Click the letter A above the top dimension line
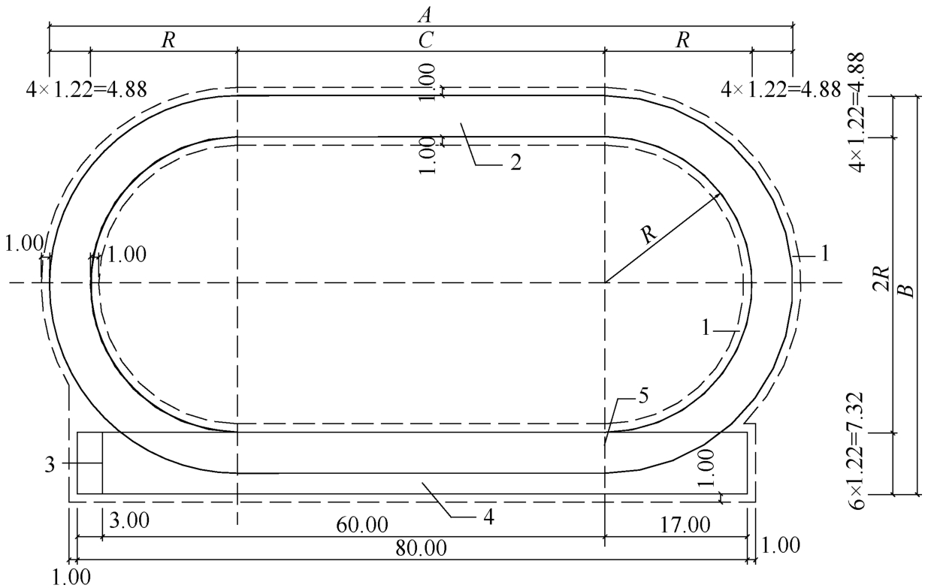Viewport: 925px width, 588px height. (x=425, y=15)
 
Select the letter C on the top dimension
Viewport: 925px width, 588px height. (x=425, y=41)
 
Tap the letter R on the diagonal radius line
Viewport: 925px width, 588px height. (x=648, y=234)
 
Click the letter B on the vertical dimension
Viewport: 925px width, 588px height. (x=907, y=291)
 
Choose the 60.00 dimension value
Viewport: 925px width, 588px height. (x=362, y=525)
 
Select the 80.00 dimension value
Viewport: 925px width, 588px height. (x=422, y=548)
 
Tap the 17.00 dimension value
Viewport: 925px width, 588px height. (x=685, y=525)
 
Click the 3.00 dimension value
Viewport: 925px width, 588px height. (x=128, y=520)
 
